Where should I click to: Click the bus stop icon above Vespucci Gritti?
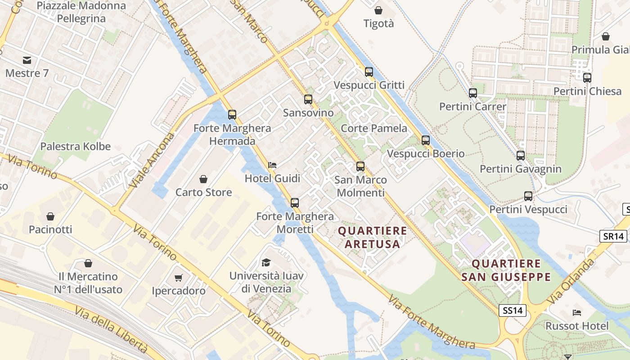click(369, 72)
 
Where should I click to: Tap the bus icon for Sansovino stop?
click(308, 99)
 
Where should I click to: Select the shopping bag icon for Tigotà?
click(378, 10)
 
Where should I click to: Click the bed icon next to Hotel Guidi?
click(272, 165)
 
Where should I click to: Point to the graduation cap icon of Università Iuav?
click(266, 262)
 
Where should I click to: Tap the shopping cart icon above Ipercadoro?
click(179, 278)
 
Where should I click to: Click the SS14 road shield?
click(513, 310)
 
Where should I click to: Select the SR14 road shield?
click(613, 236)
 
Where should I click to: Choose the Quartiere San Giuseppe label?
click(506, 270)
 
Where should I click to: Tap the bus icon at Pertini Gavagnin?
click(521, 156)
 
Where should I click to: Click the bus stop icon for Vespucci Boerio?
click(426, 140)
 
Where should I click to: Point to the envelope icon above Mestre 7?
click(27, 60)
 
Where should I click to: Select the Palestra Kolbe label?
click(76, 146)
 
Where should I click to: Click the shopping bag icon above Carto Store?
click(203, 179)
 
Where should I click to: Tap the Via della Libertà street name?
click(112, 330)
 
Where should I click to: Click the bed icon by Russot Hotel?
click(577, 313)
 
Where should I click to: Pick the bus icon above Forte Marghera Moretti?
click(295, 203)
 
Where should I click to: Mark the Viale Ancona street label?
click(151, 160)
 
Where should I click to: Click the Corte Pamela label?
click(374, 128)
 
